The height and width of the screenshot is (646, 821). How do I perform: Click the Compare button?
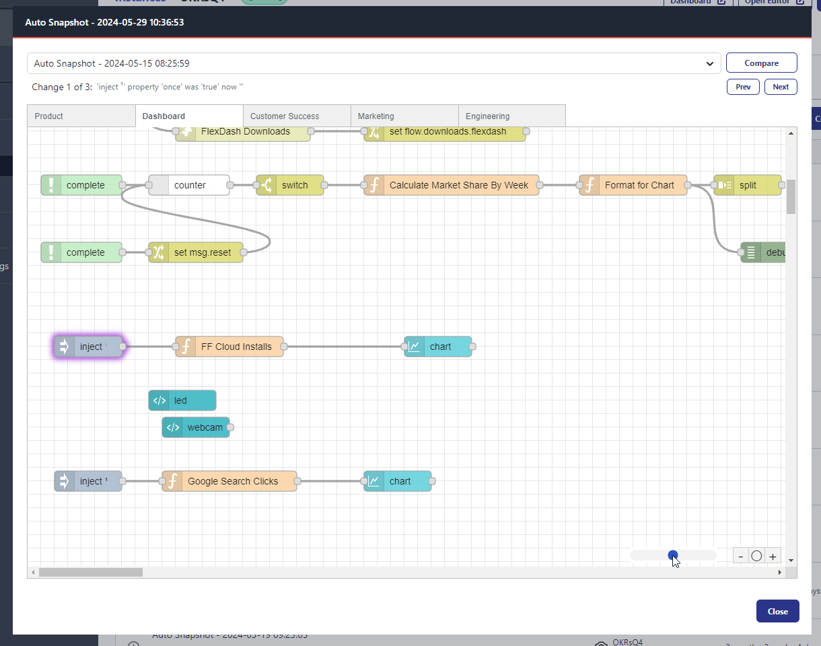(x=761, y=63)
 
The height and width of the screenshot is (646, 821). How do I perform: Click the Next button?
(x=781, y=87)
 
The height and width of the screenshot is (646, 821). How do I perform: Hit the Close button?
(x=777, y=612)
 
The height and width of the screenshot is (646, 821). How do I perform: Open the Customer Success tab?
(x=296, y=116)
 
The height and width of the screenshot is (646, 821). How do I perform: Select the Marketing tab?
(x=404, y=116)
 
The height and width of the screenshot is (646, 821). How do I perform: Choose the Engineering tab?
(x=511, y=116)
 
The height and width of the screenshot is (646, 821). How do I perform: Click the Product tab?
(x=81, y=116)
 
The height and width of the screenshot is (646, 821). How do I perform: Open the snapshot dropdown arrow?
(x=709, y=64)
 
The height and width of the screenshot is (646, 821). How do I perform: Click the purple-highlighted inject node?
(x=88, y=347)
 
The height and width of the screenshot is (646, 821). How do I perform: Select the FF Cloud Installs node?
(x=229, y=347)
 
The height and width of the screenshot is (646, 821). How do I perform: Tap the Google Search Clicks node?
(x=229, y=481)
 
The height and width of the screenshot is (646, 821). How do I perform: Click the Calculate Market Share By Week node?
(x=452, y=185)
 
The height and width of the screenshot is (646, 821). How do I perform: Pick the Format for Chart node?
(x=633, y=185)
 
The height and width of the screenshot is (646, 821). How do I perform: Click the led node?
(x=182, y=400)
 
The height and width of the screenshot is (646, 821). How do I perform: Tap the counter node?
(x=189, y=185)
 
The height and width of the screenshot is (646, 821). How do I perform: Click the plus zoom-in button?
(x=773, y=557)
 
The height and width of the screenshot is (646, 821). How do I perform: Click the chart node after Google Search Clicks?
(x=398, y=481)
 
